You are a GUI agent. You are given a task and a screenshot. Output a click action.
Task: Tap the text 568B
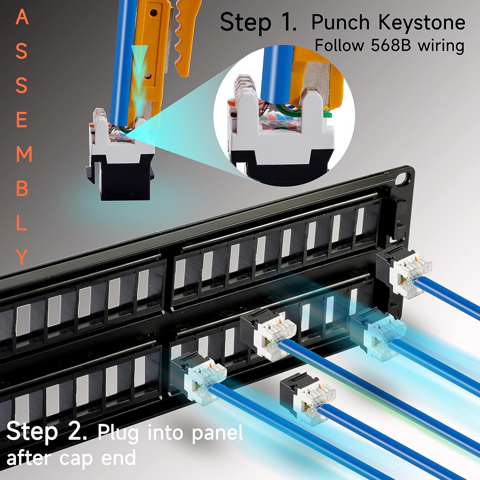tap(391, 45)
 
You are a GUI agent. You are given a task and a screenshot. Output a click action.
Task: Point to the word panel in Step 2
tap(217, 433)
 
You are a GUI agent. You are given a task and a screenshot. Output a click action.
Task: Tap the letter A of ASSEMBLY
tap(22, 17)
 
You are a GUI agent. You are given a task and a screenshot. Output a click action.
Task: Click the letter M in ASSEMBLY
tap(24, 154)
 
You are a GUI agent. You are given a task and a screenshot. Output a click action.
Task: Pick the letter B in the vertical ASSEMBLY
tap(22, 189)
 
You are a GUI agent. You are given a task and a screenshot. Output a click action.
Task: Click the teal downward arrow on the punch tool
tap(139, 61)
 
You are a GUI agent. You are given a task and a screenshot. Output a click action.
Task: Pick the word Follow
tap(340, 45)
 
